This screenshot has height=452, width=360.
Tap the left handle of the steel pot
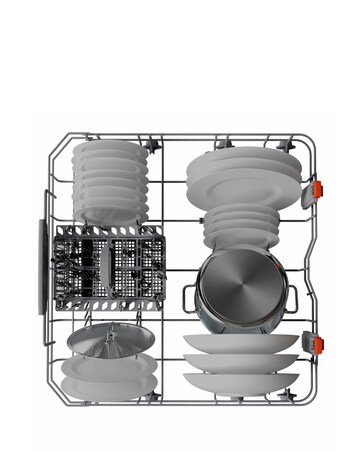point(189,293)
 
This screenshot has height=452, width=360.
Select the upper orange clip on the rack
point(318,189)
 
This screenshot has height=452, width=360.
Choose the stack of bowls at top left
point(107,180)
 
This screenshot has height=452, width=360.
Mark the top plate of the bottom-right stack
point(240,343)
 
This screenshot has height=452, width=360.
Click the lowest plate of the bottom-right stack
point(240,381)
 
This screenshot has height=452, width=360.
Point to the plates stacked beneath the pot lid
point(102,375)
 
